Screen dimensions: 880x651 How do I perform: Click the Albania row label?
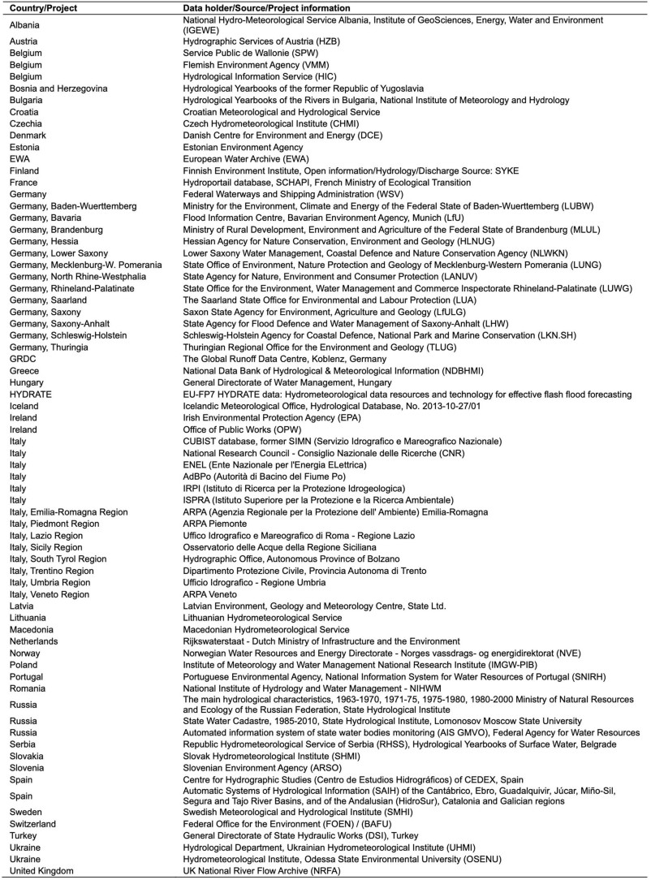tap(25, 25)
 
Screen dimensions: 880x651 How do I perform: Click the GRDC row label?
tap(23, 359)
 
